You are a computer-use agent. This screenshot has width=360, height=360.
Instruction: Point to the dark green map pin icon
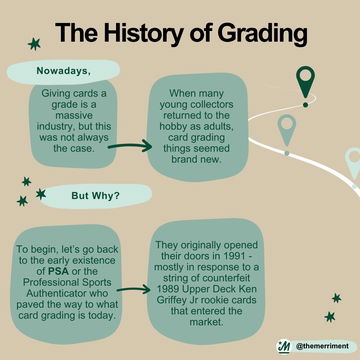click(306, 84)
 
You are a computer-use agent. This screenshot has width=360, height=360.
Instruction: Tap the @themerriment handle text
click(323, 346)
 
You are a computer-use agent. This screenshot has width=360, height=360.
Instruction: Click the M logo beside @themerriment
click(283, 346)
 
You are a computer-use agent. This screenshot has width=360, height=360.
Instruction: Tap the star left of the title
click(35, 43)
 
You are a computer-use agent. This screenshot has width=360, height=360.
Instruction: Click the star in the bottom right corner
click(330, 316)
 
